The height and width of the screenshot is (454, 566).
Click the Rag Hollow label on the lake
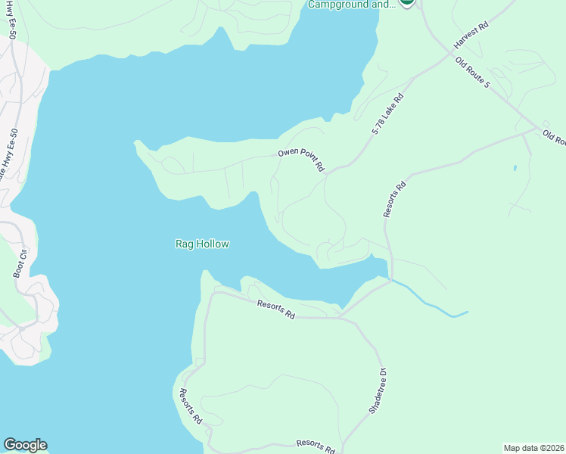pos(202,244)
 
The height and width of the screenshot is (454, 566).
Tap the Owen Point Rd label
pos(300,160)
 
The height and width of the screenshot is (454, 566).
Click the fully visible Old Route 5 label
pos(473,73)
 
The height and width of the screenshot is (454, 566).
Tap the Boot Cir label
pos(19,263)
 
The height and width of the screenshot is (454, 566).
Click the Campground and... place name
pos(352,5)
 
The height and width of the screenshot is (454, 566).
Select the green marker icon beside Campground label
pos(407,2)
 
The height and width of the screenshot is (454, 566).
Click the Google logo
pos(25,445)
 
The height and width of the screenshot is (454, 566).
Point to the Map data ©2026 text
pos(533,447)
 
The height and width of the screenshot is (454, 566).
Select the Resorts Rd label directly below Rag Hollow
pos(275,309)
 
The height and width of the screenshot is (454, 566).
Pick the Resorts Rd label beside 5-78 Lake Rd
pos(395,199)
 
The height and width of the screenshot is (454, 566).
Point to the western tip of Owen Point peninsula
pos(135,142)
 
